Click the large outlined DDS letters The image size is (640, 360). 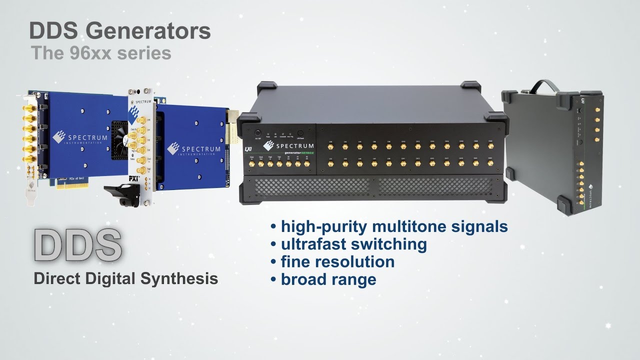point(78,245)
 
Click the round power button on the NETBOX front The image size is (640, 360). point(258,133)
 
